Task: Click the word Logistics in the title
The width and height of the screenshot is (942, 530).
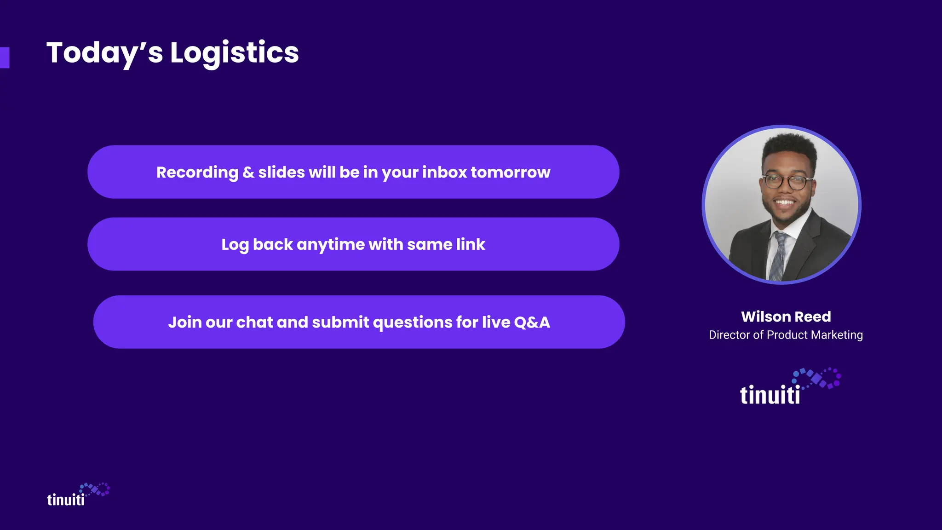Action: tap(234, 52)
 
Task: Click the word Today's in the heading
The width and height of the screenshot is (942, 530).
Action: tap(104, 52)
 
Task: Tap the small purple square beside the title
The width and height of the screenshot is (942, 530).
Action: tap(5, 58)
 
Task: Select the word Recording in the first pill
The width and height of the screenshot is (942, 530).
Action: tap(197, 172)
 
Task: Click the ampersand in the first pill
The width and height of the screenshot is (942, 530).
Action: tap(248, 172)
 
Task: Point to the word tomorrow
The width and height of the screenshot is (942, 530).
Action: tap(510, 172)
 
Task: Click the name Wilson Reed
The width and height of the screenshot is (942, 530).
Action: tap(786, 317)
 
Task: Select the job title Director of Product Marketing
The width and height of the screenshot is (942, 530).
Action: tap(786, 335)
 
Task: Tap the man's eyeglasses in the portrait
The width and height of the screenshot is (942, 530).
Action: tap(786, 182)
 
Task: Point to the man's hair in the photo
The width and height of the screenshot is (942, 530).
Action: tap(789, 147)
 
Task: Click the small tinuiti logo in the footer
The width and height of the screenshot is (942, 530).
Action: tap(77, 495)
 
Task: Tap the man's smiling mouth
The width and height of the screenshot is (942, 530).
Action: tap(785, 202)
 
